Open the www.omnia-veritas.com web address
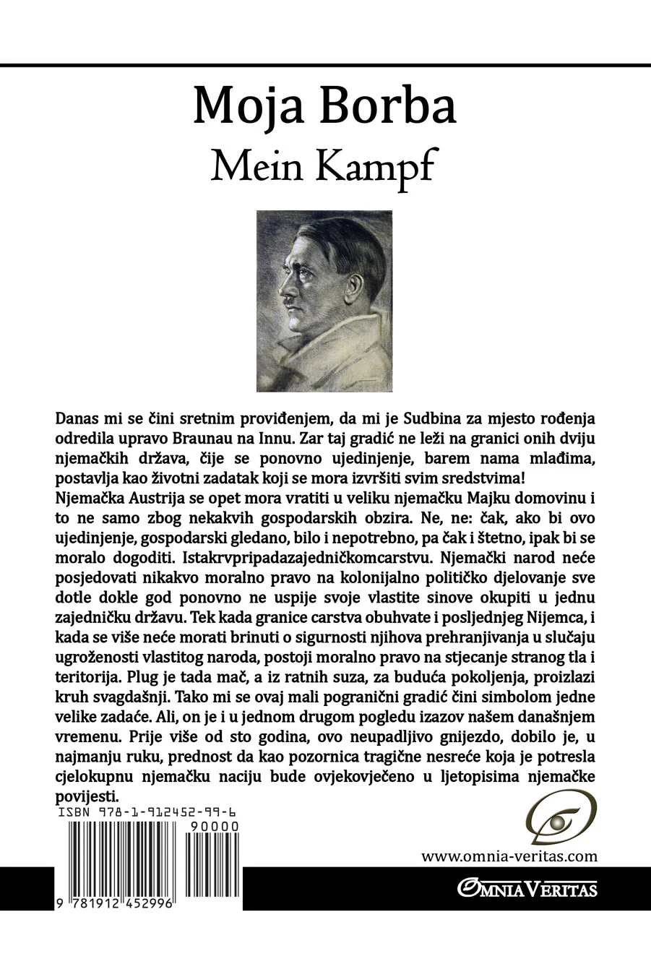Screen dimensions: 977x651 (x=509, y=856)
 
